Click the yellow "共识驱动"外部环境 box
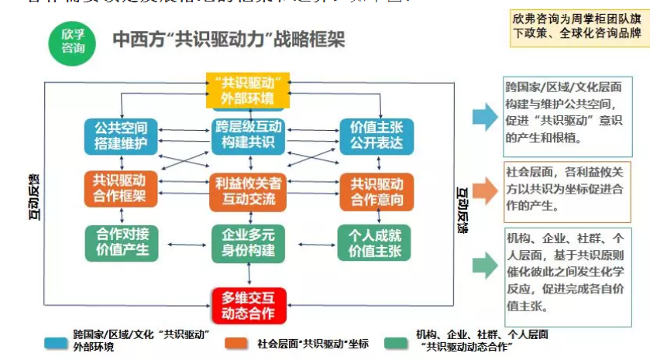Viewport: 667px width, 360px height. coord(247,91)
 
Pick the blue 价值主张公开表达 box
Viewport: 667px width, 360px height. coord(376,135)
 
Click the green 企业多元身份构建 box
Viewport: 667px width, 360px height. coord(249,242)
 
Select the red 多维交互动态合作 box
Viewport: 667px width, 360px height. coord(249,304)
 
